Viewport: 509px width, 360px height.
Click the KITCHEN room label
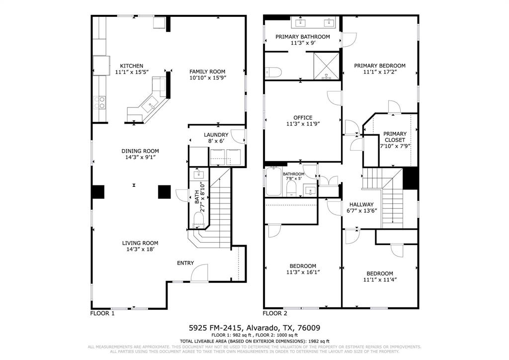coord(132,66)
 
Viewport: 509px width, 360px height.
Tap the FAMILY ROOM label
coord(207,71)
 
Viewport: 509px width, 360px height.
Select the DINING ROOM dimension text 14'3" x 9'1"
coord(140,158)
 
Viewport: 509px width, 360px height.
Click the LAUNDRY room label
coord(216,135)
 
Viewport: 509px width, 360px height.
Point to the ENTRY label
coord(185,263)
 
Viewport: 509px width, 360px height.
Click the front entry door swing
coord(199,273)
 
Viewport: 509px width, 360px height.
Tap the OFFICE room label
coord(303,118)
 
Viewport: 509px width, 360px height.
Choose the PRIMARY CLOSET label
coord(395,137)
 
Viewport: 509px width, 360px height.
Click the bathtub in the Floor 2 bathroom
coord(273,182)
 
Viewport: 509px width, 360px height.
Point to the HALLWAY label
coord(361,204)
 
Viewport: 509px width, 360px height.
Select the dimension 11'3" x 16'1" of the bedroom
coord(303,272)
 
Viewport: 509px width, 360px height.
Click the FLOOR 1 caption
coord(102,313)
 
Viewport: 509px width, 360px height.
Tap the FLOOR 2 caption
coord(275,313)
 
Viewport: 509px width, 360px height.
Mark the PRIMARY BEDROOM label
coord(379,66)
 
